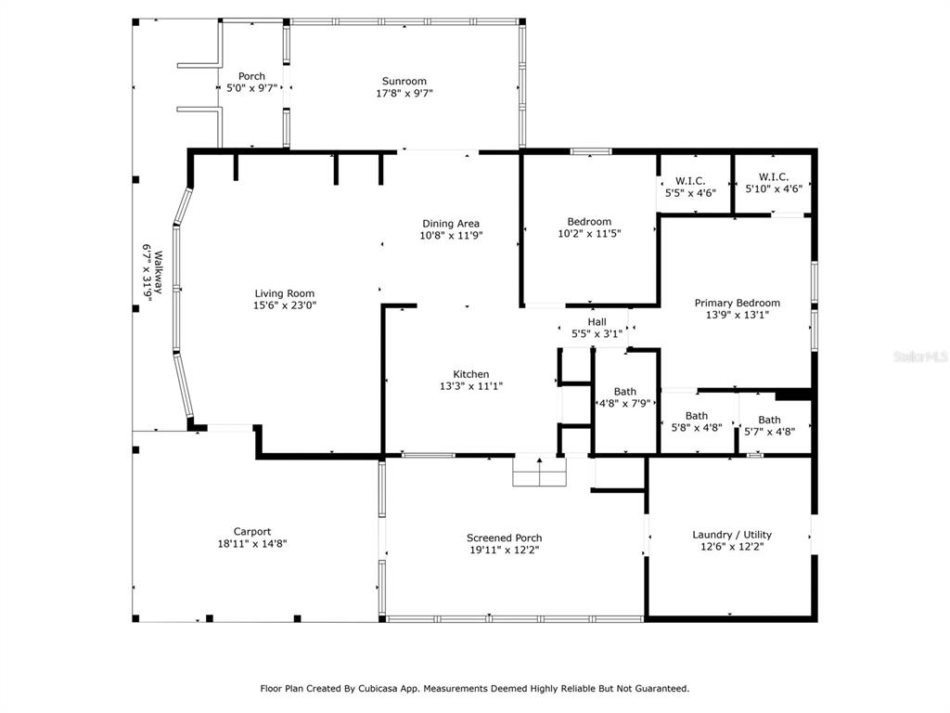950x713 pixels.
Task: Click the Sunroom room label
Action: pyautogui.click(x=404, y=82)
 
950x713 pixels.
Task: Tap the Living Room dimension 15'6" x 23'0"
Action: pyautogui.click(x=285, y=305)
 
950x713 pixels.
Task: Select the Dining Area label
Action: pyautogui.click(x=451, y=224)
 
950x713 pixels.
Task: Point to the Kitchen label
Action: pyautogui.click(x=471, y=375)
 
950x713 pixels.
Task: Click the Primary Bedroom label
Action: pyautogui.click(x=738, y=304)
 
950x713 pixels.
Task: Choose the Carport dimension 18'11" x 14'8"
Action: pyautogui.click(x=252, y=544)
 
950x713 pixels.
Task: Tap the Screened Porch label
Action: pyautogui.click(x=504, y=538)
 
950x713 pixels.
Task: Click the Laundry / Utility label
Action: pyautogui.click(x=732, y=535)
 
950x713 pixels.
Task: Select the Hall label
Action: pyautogui.click(x=597, y=322)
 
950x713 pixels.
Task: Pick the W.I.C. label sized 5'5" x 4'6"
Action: pyautogui.click(x=690, y=181)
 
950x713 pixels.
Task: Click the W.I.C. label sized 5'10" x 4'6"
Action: pyautogui.click(x=774, y=177)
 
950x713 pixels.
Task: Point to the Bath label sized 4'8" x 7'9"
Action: pyautogui.click(x=624, y=392)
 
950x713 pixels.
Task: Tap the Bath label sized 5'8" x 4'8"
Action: pyautogui.click(x=697, y=416)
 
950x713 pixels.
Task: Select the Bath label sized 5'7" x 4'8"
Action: pyautogui.click(x=769, y=421)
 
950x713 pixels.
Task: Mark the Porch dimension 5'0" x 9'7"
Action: pyautogui.click(x=251, y=88)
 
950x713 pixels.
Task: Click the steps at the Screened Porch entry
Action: pyautogui.click(x=539, y=471)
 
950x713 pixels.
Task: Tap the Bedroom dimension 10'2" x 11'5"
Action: pyautogui.click(x=589, y=233)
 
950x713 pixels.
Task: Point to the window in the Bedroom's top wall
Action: pyautogui.click(x=591, y=152)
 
